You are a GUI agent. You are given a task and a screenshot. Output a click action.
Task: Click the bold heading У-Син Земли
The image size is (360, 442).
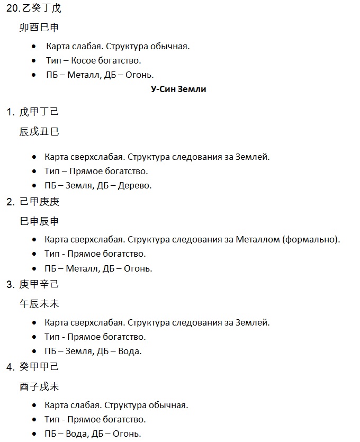point(178,89)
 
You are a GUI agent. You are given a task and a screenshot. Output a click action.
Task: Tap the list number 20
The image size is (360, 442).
point(12,8)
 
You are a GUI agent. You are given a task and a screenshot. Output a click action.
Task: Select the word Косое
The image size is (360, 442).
point(82,60)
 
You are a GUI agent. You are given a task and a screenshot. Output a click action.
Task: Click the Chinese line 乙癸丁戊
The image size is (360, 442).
point(40,8)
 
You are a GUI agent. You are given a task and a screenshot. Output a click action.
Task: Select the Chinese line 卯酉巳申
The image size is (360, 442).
point(39,28)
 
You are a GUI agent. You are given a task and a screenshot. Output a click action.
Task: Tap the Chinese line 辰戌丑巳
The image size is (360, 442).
point(39,132)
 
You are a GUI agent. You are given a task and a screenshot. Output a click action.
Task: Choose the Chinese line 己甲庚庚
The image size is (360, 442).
point(39,202)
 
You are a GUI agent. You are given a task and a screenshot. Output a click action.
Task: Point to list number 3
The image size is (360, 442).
point(10,284)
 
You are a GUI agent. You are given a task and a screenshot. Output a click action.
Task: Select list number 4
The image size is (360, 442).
point(10,367)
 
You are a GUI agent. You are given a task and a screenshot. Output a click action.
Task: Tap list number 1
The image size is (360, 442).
point(10,112)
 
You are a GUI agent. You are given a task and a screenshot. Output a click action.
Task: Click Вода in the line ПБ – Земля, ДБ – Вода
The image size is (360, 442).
point(130,351)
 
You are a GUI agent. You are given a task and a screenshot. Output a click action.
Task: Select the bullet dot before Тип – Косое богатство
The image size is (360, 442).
point(34,61)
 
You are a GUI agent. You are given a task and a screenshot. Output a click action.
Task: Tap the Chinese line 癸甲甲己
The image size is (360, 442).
point(39,367)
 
